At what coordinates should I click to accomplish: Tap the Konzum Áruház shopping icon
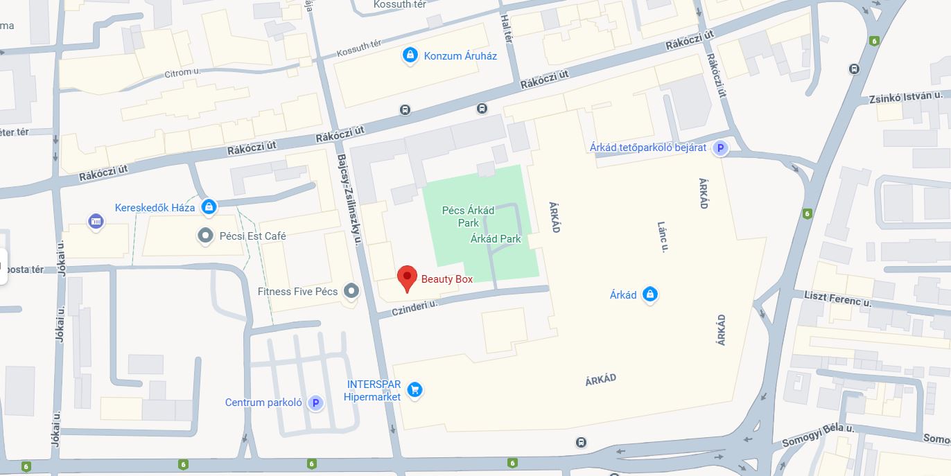[410, 55]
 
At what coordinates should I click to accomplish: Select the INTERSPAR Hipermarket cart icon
[415, 390]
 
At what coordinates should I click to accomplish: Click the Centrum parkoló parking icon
[316, 403]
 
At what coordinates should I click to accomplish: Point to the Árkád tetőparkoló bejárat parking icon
[720, 148]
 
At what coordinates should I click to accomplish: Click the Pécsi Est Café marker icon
[205, 236]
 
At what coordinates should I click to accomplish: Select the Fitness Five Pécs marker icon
[352, 291]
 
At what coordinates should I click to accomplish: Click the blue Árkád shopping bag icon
[649, 295]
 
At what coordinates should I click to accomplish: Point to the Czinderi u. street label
[415, 307]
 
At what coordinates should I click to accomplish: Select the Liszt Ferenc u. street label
[837, 299]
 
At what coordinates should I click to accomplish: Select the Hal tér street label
[507, 29]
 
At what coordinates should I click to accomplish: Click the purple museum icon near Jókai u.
[96, 222]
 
